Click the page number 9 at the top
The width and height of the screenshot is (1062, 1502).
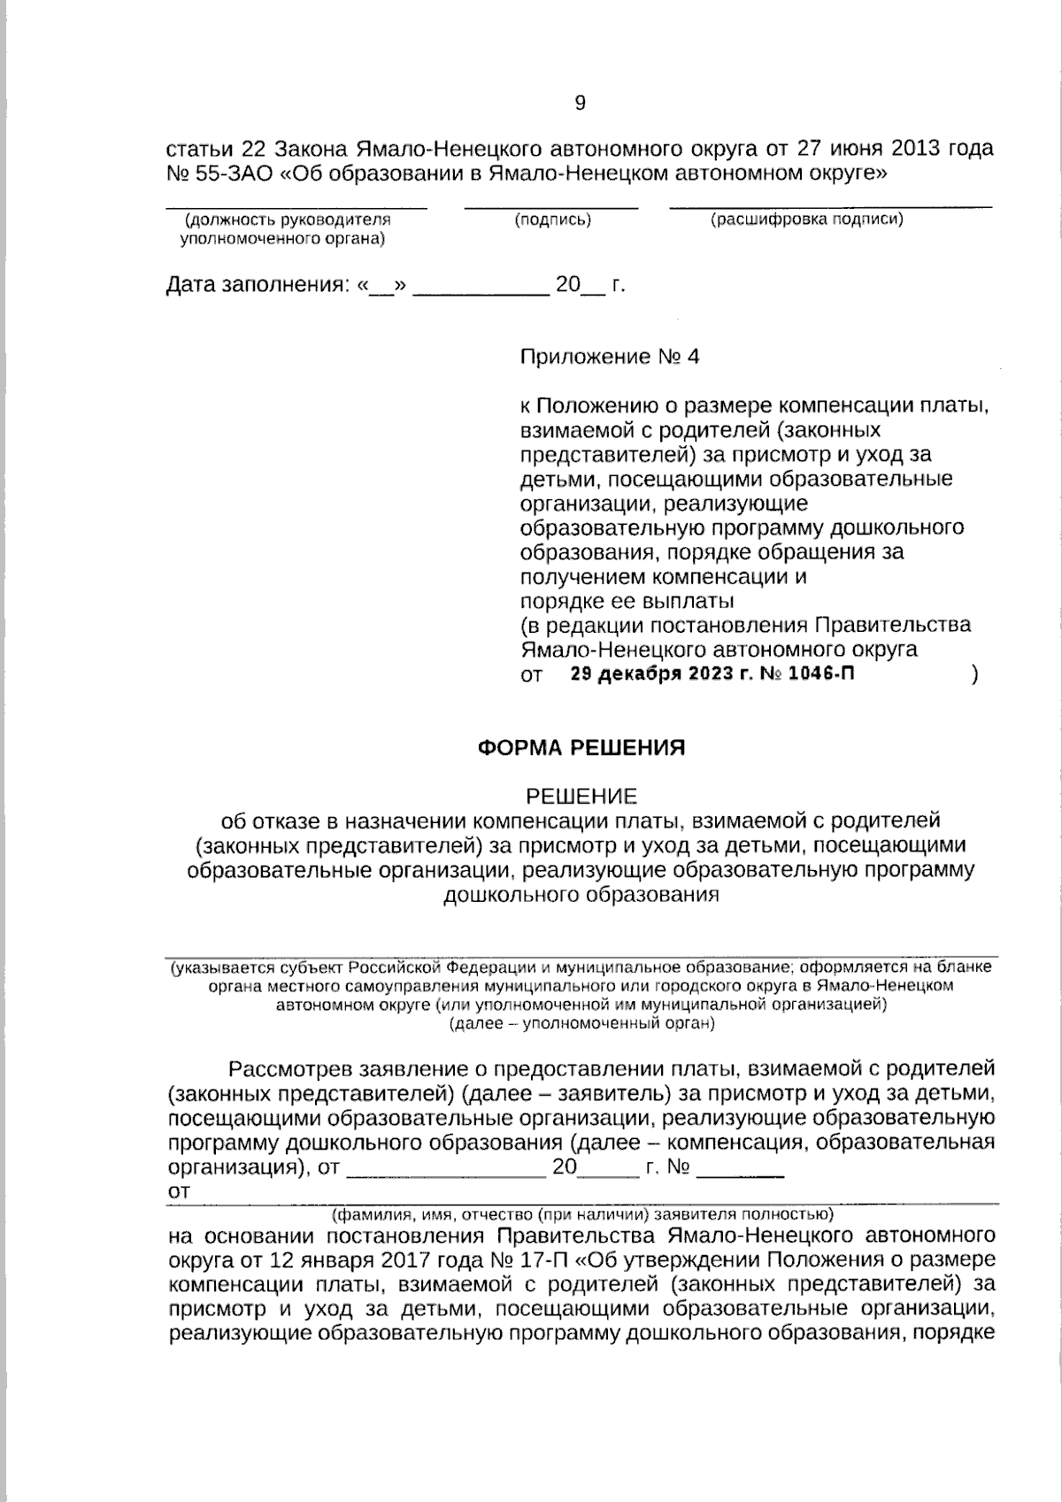pos(580,104)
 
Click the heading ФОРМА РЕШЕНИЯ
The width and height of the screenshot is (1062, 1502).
pos(581,748)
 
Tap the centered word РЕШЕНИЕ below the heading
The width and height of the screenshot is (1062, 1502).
pos(581,796)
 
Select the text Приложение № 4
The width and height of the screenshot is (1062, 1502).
pos(609,357)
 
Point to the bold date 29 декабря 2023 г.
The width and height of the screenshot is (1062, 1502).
pos(665,674)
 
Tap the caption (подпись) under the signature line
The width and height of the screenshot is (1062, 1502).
pos(552,220)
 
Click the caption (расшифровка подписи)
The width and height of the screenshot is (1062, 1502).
pos(806,220)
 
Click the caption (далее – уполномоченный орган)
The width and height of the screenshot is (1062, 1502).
pos(581,1024)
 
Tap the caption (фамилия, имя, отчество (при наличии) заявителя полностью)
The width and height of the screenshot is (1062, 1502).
pos(581,1213)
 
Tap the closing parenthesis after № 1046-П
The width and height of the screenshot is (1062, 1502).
pos(974,674)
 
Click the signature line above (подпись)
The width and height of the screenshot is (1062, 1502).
pos(551,207)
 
